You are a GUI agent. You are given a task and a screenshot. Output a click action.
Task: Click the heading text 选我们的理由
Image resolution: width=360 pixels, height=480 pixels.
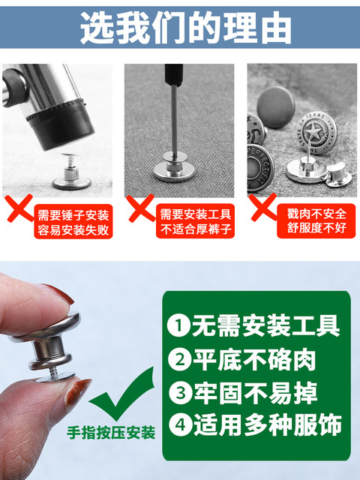point(185,28)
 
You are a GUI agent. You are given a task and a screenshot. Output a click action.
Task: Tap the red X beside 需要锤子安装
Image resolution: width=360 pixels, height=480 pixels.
point(19,208)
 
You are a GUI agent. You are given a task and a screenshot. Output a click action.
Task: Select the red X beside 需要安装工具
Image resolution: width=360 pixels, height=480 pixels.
point(142,208)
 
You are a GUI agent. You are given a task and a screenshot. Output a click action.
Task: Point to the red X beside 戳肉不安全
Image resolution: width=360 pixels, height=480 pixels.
point(263,208)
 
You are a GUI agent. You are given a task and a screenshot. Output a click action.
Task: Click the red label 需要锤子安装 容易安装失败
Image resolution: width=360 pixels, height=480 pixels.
point(73,222)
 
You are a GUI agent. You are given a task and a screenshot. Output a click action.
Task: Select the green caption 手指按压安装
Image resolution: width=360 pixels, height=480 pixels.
point(112,433)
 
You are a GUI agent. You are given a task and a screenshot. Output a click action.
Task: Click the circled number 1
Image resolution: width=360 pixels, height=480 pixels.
point(178,325)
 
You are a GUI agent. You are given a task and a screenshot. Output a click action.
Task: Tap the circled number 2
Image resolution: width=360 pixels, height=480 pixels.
point(179,360)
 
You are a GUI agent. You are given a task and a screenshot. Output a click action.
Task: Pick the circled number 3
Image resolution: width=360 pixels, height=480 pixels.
point(180,393)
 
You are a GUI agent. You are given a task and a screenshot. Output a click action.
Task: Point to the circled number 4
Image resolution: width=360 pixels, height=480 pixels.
point(180,425)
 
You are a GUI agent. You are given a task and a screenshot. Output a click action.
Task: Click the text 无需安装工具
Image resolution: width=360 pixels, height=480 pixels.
point(266,325)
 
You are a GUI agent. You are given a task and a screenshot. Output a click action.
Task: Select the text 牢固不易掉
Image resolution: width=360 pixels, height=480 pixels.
point(256,393)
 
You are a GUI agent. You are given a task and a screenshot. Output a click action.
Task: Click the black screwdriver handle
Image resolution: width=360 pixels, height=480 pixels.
point(173,75)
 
